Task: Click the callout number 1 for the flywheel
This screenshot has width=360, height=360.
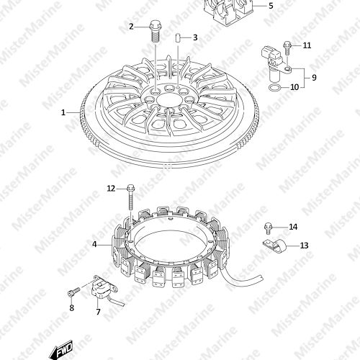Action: (x=63, y=112)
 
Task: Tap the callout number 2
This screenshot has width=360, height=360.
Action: (x=131, y=27)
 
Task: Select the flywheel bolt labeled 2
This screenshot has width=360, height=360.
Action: (x=155, y=32)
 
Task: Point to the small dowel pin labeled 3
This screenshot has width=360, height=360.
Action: (x=178, y=38)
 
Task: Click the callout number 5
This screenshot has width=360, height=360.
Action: (x=271, y=6)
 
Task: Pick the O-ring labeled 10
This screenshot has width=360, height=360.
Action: (x=274, y=88)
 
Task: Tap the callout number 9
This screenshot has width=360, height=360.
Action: (x=314, y=78)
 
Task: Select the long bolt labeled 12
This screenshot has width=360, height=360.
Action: (x=131, y=197)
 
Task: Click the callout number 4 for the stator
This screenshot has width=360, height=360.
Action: (x=94, y=244)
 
